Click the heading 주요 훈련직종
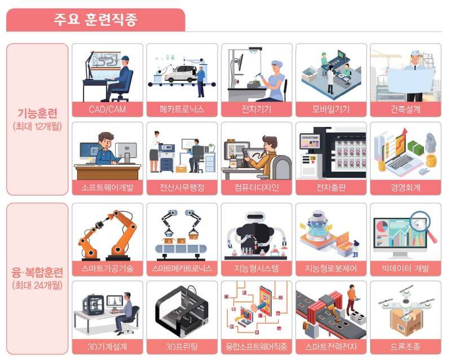(x=95, y=20)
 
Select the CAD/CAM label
(x=107, y=108)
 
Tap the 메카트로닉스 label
(x=182, y=108)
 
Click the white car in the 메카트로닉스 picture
(x=180, y=73)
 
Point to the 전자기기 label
(x=257, y=108)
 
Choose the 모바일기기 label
(x=331, y=108)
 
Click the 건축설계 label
(x=405, y=108)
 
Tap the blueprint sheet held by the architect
(x=411, y=79)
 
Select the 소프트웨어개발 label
(x=107, y=187)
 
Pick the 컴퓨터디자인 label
(x=257, y=187)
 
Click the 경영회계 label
(x=405, y=187)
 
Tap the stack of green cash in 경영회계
(x=416, y=148)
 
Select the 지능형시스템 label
(x=257, y=267)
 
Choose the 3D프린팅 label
(x=182, y=346)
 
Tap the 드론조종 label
(x=405, y=346)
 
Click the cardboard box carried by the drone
(x=405, y=322)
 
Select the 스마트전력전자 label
(x=331, y=346)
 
